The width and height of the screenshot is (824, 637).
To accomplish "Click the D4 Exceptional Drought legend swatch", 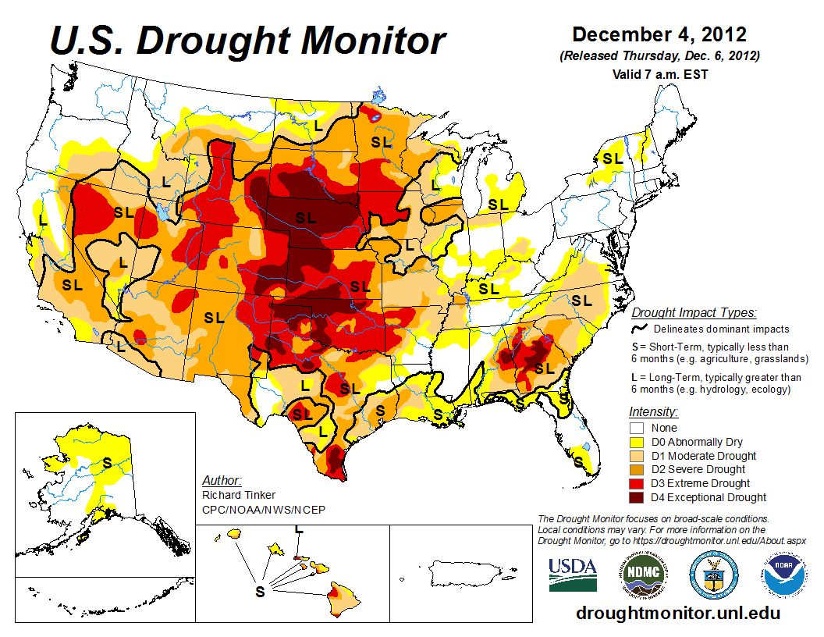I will [637, 497].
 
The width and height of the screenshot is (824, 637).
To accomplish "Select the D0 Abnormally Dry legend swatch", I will [637, 442].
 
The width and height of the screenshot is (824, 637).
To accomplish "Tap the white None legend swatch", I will [637, 428].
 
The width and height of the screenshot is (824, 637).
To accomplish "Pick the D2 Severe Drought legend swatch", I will [637, 469].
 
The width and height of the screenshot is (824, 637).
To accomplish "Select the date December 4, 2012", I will [659, 35].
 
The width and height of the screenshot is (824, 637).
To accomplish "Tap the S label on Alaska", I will [107, 463].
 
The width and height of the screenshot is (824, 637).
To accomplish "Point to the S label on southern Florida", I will [578, 461].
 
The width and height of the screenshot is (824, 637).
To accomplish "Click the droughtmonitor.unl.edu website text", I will [677, 613].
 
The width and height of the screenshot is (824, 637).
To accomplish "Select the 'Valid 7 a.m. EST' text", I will [660, 75].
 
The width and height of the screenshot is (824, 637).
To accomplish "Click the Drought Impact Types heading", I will [694, 313].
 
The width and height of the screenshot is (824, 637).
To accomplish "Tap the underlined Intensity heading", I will [653, 411].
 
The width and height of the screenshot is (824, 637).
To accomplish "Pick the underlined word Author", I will [222, 480].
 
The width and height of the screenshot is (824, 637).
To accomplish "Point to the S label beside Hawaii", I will [260, 591].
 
